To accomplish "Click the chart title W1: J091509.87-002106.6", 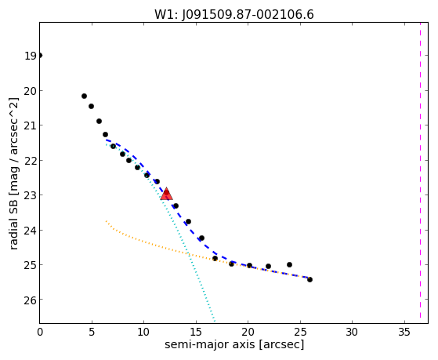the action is (x=234, y=14).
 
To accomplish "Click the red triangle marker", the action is (x=166, y=194).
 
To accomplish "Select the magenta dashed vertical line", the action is (x=420, y=170).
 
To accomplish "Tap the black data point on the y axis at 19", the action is (x=40, y=56).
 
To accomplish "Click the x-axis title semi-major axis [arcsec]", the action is (x=234, y=344).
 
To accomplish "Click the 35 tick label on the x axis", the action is (x=404, y=332).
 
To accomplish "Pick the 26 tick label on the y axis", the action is (x=31, y=300).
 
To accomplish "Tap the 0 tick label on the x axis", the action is (x=40, y=332).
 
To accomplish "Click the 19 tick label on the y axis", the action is (x=31, y=56).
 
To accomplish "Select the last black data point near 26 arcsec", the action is (x=309, y=279).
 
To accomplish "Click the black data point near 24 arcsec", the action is (x=289, y=264).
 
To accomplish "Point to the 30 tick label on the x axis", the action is (x=352, y=332).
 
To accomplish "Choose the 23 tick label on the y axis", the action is (x=31, y=195).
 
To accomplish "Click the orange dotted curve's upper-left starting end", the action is (x=106, y=221).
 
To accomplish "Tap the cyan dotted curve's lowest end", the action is (x=214, y=321).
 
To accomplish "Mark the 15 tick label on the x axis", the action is (x=196, y=332).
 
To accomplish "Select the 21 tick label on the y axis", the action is (x=31, y=125).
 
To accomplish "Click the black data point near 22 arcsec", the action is (x=268, y=267).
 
